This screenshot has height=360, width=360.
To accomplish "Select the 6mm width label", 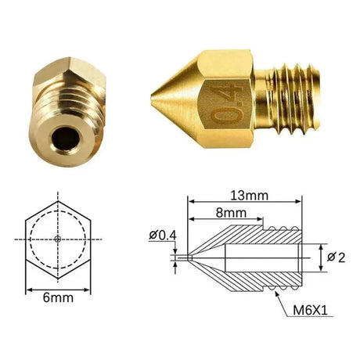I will (x=59, y=298).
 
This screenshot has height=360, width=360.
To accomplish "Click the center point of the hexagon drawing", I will (x=59, y=237).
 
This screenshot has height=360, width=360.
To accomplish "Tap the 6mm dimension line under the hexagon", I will (x=59, y=288).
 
